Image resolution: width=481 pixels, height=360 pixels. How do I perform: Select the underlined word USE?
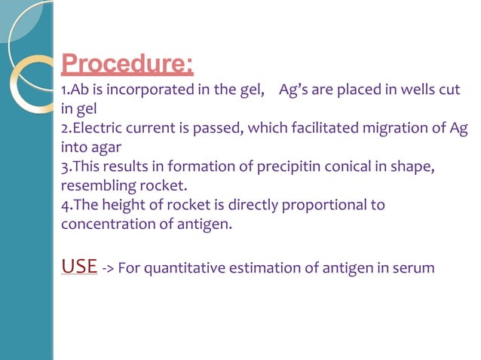point(78,266)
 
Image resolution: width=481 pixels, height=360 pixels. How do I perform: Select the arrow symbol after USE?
point(108,268)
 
